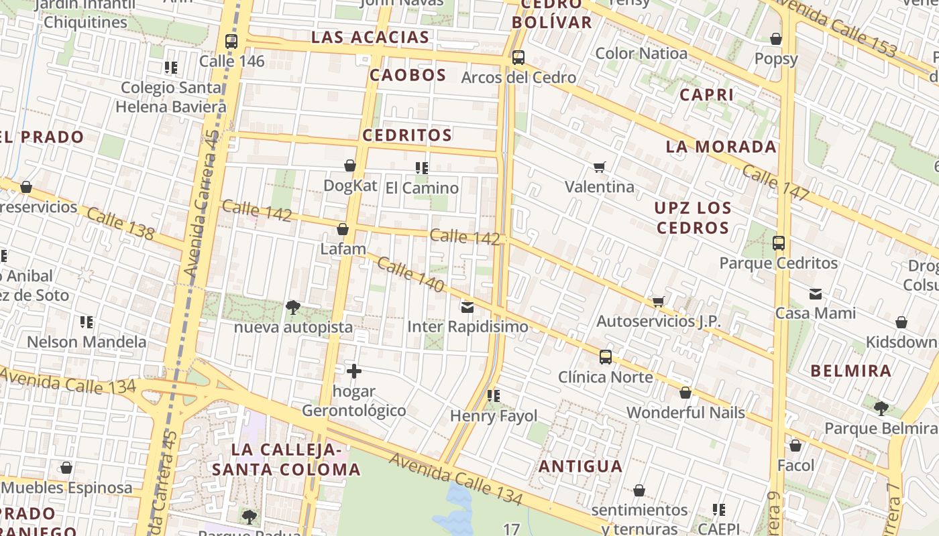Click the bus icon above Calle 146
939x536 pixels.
tap(231, 41)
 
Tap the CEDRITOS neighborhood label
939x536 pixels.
tap(407, 135)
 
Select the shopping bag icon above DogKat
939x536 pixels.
tap(350, 165)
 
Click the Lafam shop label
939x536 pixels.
tap(343, 249)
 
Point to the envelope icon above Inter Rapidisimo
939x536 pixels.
tap(467, 308)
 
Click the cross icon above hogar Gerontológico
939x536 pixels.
tap(354, 371)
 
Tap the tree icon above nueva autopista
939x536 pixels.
tap(292, 308)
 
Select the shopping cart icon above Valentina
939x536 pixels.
tap(600, 167)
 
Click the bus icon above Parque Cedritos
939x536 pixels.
tap(779, 243)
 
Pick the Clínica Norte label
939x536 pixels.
tap(606, 377)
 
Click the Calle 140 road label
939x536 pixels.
tap(410, 275)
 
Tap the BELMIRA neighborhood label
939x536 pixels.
tap(851, 371)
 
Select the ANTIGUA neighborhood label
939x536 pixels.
tap(581, 466)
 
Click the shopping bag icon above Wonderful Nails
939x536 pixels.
tap(685, 393)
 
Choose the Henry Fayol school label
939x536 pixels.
tap(494, 416)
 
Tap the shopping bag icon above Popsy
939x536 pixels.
tap(776, 39)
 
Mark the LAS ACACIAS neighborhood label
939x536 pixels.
tap(370, 38)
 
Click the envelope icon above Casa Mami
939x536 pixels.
tap(816, 293)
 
